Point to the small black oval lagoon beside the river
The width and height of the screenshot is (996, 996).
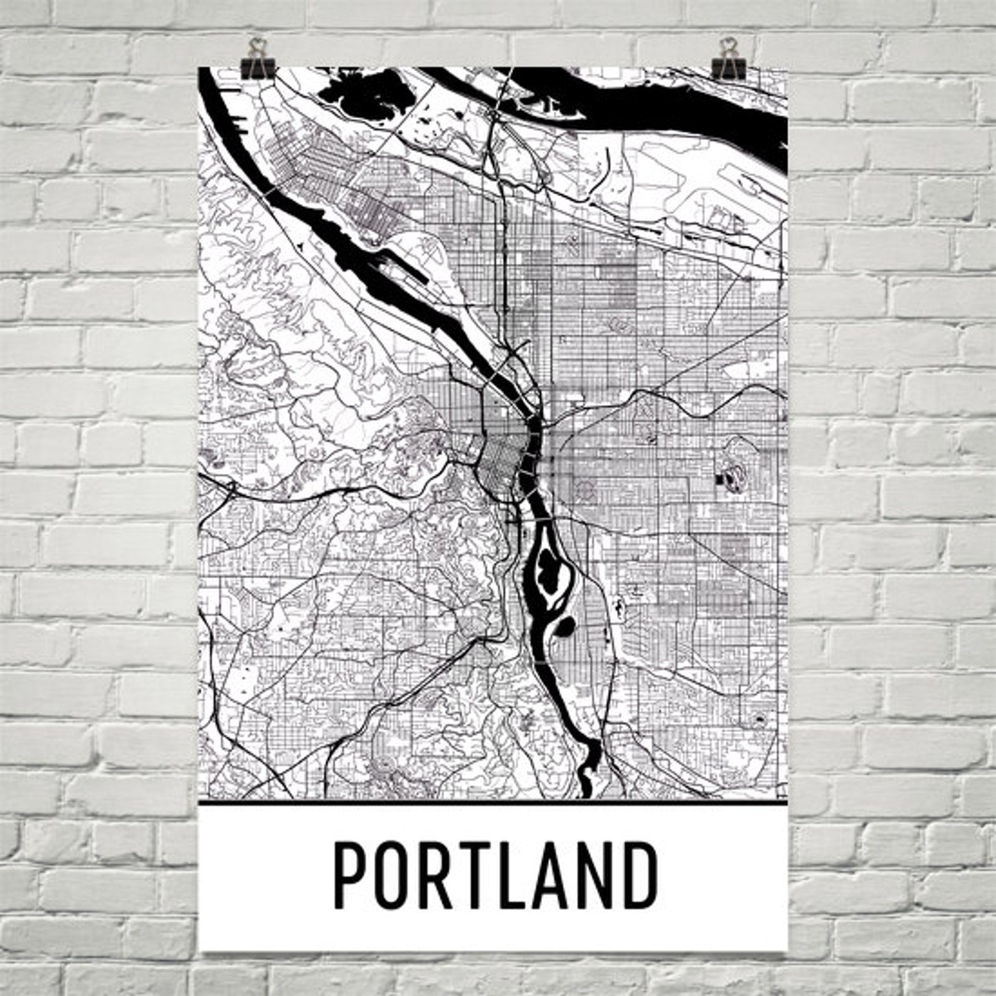(564, 625)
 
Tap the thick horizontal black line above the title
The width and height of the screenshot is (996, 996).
(492, 802)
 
